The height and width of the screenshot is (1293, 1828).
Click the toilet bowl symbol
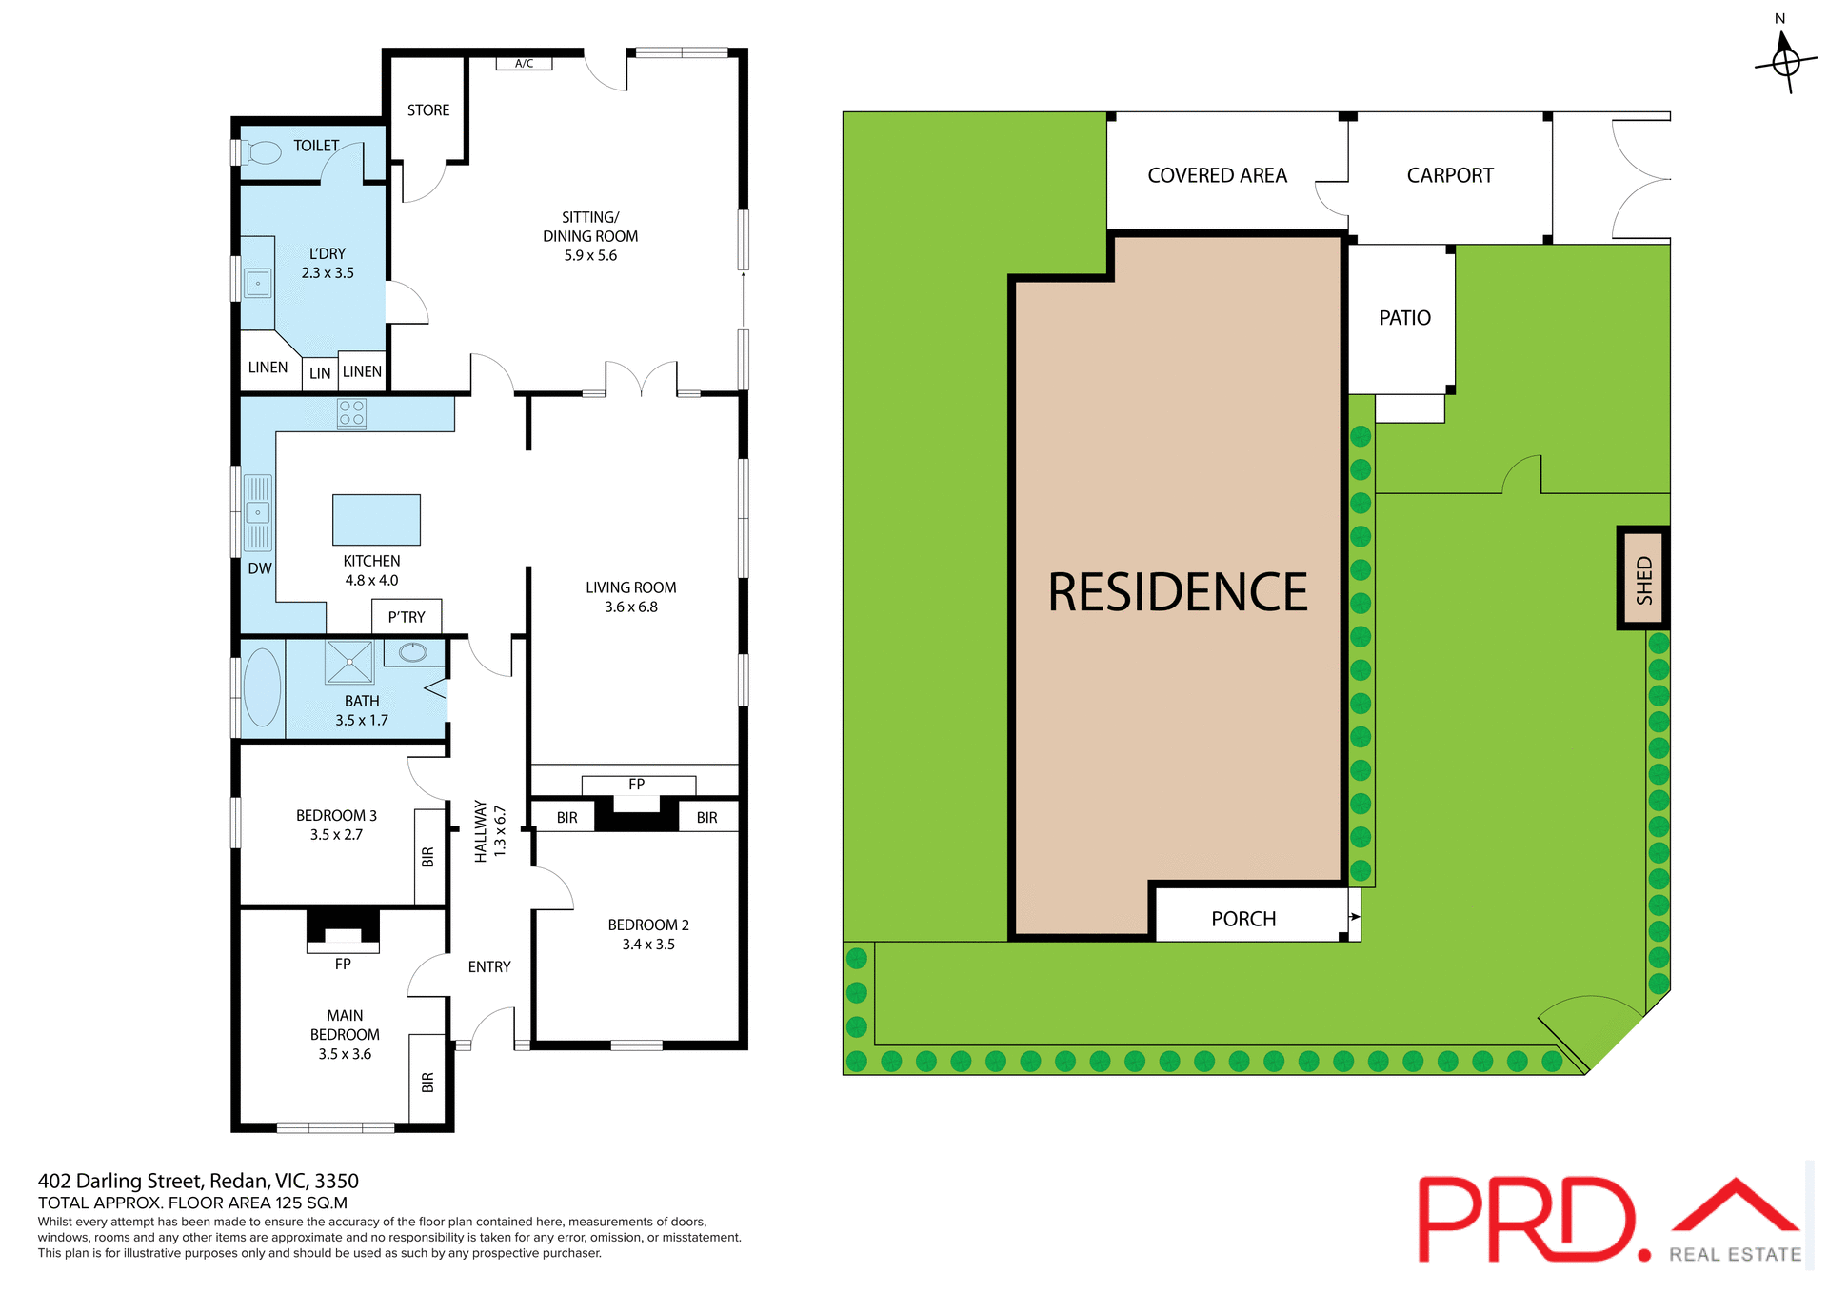click(264, 152)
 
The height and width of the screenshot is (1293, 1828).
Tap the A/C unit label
click(524, 64)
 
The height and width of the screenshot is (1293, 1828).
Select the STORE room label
click(428, 110)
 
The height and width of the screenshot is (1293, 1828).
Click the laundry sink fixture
click(257, 283)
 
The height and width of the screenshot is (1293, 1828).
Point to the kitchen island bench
click(376, 519)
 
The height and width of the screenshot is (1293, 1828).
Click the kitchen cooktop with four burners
click(351, 413)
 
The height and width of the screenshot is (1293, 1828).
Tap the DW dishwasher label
click(260, 568)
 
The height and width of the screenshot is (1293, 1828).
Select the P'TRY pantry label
click(407, 617)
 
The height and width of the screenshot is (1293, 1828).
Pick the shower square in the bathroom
click(349, 662)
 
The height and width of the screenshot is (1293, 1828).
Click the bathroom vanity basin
click(413, 652)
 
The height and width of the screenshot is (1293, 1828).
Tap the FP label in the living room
click(637, 785)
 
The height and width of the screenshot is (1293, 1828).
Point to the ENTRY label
click(489, 966)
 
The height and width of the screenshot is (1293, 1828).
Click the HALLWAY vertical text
click(481, 831)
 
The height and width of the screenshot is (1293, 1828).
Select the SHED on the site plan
click(1644, 579)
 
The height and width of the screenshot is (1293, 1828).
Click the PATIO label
click(1404, 318)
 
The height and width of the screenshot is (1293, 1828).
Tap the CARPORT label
click(1450, 176)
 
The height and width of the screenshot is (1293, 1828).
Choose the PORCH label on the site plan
click(1243, 919)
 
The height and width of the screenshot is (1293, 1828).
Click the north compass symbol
click(1786, 62)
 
